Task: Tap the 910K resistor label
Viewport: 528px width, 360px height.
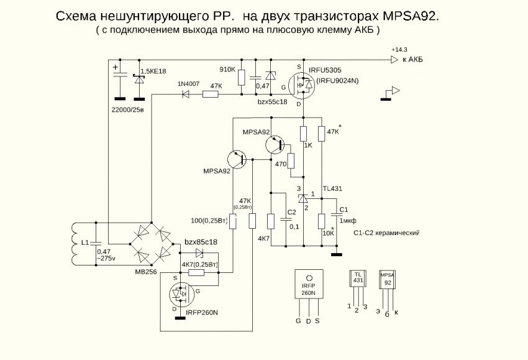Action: pos(227,70)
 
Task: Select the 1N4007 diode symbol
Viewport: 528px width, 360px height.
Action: pos(184,95)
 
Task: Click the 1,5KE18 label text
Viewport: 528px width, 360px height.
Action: pos(153,72)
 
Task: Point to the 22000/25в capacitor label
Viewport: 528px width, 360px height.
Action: pos(127,110)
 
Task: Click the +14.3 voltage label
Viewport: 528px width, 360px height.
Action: pos(399,49)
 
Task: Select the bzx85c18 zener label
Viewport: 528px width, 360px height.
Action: pos(201,241)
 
